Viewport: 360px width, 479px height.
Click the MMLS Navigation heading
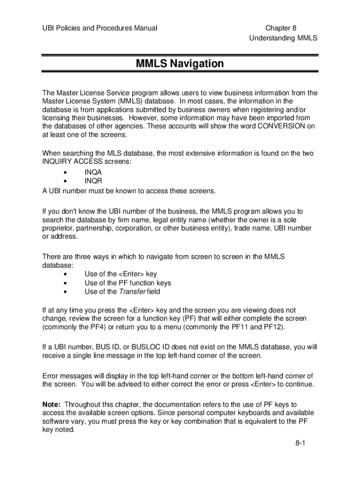(180, 64)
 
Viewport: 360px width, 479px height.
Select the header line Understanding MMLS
(284, 38)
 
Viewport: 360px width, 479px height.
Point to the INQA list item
(93, 172)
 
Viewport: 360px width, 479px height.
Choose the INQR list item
(93, 181)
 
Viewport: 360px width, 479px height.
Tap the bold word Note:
(51, 404)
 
